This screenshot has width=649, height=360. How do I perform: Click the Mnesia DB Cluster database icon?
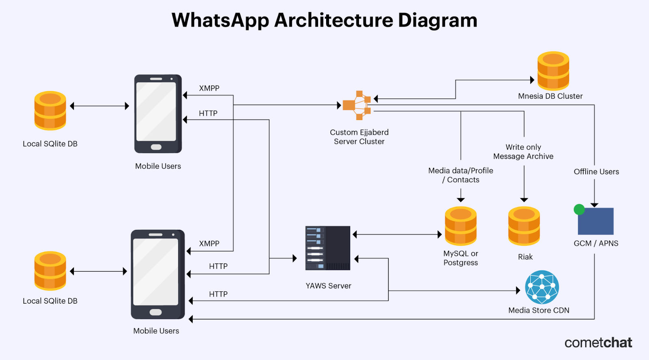click(553, 71)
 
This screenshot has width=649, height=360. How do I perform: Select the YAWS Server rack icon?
click(328, 248)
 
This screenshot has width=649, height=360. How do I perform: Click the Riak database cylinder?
click(524, 226)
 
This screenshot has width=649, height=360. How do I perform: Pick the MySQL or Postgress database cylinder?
click(461, 226)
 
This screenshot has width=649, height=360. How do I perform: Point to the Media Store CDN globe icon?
click(542, 287)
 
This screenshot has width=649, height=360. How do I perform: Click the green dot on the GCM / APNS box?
click(579, 210)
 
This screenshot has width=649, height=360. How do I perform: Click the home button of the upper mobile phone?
click(156, 147)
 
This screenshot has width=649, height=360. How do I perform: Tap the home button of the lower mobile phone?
click(156, 312)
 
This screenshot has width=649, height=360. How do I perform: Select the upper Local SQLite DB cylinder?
click(50, 111)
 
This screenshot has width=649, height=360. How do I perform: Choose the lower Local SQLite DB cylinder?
click(50, 271)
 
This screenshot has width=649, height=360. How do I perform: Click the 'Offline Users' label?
click(596, 171)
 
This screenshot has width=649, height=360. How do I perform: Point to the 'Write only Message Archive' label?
click(523, 152)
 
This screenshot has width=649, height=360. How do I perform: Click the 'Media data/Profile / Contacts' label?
click(461, 175)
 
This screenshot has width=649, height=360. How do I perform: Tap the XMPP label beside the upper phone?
click(209, 88)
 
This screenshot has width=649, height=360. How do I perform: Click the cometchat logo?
click(598, 343)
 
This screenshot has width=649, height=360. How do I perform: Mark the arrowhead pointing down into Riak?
click(524, 199)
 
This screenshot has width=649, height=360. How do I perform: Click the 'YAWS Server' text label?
click(329, 286)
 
